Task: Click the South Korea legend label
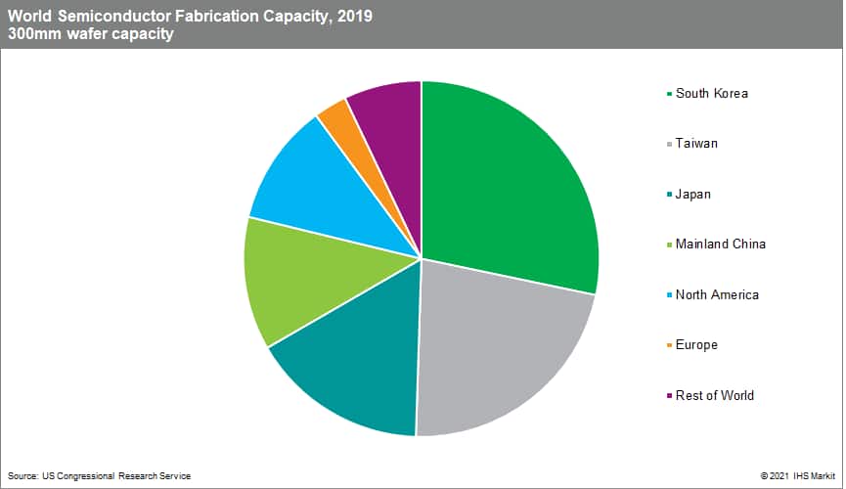[x=711, y=93]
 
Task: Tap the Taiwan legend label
[x=696, y=144]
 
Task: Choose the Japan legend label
[x=692, y=194]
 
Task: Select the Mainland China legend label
[x=720, y=244]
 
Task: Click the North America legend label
[x=717, y=294]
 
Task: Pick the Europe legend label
[x=696, y=344]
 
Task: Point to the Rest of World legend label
[x=714, y=395]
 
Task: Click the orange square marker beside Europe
[x=669, y=345]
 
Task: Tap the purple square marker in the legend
[x=669, y=396]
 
